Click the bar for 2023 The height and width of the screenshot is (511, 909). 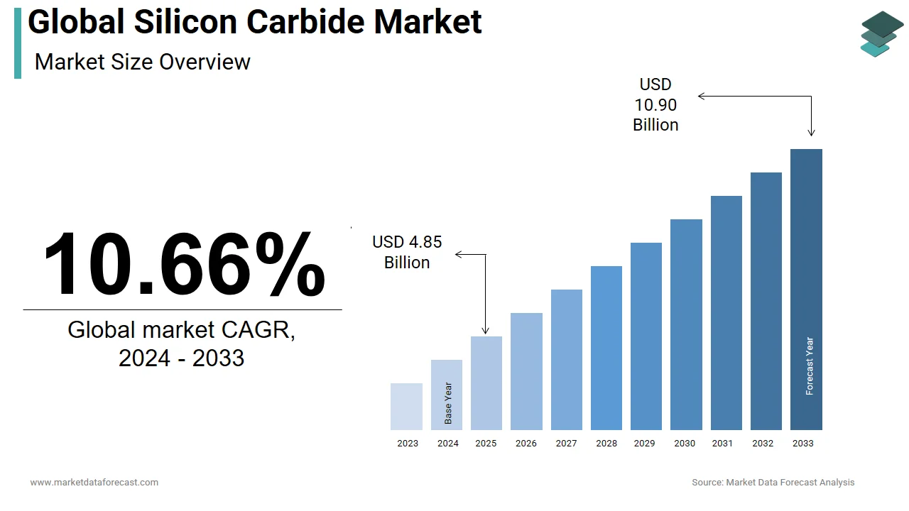pyautogui.click(x=406, y=407)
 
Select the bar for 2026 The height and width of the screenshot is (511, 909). pyautogui.click(x=526, y=371)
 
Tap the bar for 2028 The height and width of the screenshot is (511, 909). pyautogui.click(x=606, y=348)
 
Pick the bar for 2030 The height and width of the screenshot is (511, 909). pyautogui.click(x=686, y=324)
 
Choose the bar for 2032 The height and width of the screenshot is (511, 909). pyautogui.click(x=766, y=301)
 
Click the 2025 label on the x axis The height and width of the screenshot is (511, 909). pyautogui.click(x=486, y=444)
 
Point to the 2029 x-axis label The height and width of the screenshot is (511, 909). pyautogui.click(x=644, y=444)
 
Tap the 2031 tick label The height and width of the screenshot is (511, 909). pyautogui.click(x=722, y=444)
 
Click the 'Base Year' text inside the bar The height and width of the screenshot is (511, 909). pyautogui.click(x=448, y=403)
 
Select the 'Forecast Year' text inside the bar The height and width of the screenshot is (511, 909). pyautogui.click(x=809, y=366)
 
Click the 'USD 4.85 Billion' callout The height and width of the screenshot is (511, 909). pyautogui.click(x=407, y=252)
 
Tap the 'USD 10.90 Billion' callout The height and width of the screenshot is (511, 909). pyautogui.click(x=655, y=105)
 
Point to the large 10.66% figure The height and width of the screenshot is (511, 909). pyautogui.click(x=183, y=264)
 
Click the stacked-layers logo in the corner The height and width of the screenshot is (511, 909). pyautogui.click(x=882, y=33)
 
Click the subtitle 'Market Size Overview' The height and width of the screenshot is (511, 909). pyautogui.click(x=142, y=62)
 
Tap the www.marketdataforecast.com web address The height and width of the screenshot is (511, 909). pyautogui.click(x=94, y=483)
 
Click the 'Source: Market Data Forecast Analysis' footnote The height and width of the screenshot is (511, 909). pyautogui.click(x=773, y=483)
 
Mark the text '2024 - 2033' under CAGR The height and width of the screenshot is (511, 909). pyautogui.click(x=181, y=358)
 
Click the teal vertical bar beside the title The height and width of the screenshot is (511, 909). pyautogui.click(x=18, y=43)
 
